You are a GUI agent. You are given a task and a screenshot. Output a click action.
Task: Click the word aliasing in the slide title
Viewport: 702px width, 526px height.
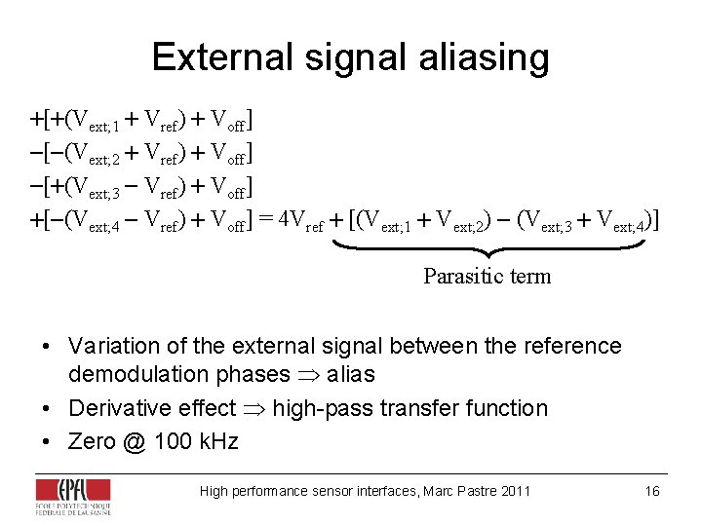tap(485, 57)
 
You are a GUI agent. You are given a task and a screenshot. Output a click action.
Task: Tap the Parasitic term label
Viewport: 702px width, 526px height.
tap(487, 277)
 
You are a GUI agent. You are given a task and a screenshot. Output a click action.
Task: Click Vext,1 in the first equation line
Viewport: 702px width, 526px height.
tap(93, 122)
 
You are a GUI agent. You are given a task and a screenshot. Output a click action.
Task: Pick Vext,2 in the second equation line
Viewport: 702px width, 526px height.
tap(93, 154)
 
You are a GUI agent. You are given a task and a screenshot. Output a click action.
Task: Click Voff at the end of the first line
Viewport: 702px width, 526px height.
tap(230, 122)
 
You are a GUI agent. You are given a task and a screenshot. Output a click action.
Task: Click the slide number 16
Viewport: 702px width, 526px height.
tap(652, 491)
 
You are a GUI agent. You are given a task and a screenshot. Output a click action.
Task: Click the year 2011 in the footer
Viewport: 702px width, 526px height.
tap(515, 491)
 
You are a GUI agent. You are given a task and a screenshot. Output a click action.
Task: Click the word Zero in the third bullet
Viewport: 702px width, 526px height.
tap(91, 441)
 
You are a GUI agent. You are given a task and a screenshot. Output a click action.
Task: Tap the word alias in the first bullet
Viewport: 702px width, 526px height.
tap(350, 374)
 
